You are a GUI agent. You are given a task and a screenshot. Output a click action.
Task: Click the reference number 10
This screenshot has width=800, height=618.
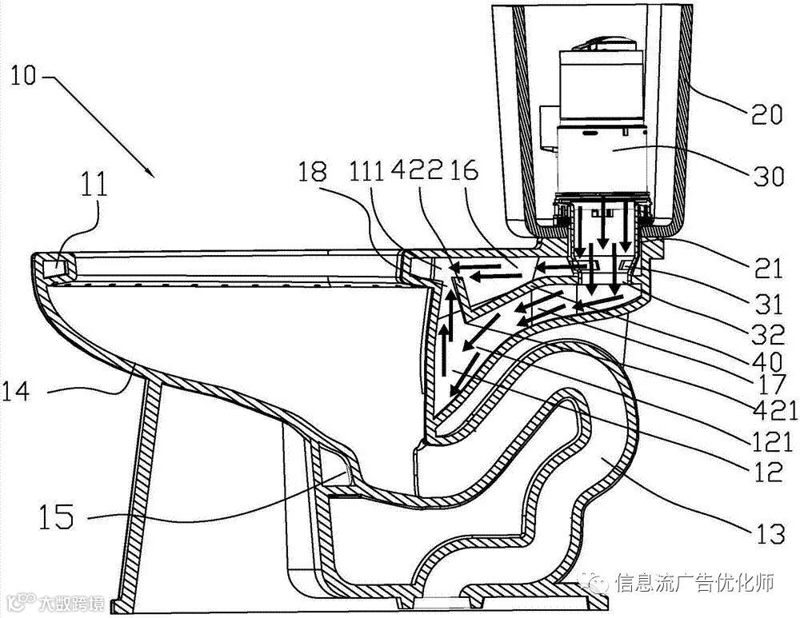[24, 78]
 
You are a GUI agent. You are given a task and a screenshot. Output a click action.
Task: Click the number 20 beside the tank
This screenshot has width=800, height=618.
[766, 117]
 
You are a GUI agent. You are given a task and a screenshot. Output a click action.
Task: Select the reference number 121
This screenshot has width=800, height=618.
[774, 441]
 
